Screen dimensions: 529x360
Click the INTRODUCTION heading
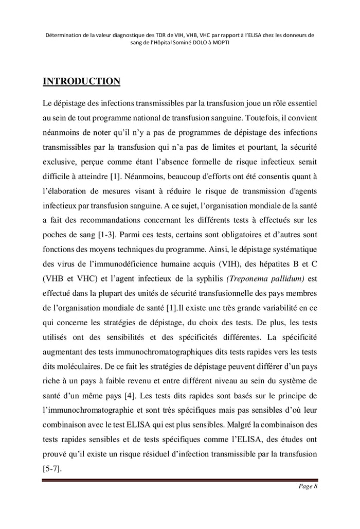(x=81, y=81)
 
